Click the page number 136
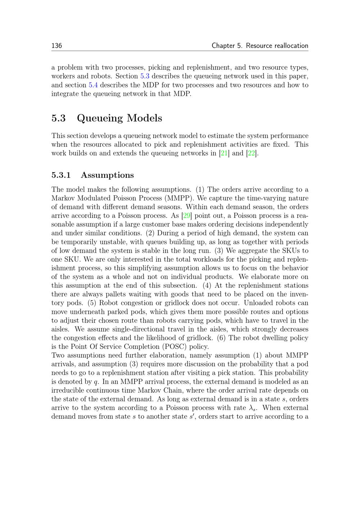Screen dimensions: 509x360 point(57,46)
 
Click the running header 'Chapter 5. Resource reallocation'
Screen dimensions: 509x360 point(260,46)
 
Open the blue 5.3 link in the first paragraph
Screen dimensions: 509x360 point(145,76)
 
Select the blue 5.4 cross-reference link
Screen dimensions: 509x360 point(93,85)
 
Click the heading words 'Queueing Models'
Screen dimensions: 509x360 point(120,118)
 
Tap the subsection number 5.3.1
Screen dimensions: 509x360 point(61,175)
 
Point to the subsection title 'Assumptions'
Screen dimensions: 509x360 point(107,175)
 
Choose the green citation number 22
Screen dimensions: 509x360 point(251,153)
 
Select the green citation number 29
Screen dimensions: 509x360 point(186,216)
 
